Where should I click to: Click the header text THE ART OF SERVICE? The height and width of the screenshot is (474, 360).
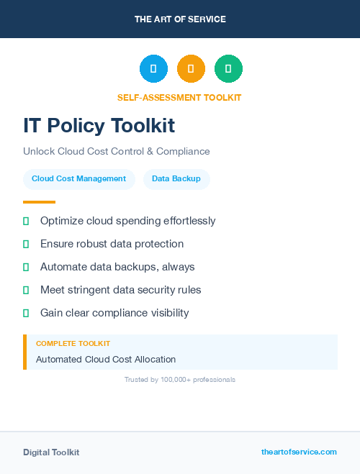point(180,19)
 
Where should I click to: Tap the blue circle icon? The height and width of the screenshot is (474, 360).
point(153,69)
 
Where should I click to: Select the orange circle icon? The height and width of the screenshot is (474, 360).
point(191,69)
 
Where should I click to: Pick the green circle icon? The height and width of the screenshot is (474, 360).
point(228,69)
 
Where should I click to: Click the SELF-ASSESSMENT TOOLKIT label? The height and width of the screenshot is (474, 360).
point(179,97)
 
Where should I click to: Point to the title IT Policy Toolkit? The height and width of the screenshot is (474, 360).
point(99,126)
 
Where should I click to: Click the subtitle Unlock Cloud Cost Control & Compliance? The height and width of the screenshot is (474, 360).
point(116,152)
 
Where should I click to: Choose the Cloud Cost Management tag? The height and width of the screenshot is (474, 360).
point(78,179)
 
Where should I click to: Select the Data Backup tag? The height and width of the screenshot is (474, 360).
point(176,179)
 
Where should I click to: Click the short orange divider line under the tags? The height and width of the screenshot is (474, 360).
point(39,202)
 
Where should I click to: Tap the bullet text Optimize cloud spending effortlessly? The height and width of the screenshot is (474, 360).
point(127,221)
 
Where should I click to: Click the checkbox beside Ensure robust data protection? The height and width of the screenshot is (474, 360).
point(26,245)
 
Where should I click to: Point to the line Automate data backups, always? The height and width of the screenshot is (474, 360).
point(117,267)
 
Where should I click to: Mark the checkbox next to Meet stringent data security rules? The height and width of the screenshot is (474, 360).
point(26,290)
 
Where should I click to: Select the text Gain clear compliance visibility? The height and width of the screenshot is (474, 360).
point(114,313)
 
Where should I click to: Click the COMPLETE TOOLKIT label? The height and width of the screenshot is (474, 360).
point(73,344)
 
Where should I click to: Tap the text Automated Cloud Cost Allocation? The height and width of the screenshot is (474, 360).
point(106,359)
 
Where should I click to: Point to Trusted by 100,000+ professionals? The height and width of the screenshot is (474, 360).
point(180,379)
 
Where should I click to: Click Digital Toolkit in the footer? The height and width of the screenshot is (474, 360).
point(51,452)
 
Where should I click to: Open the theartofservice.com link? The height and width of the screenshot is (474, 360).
point(299,452)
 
